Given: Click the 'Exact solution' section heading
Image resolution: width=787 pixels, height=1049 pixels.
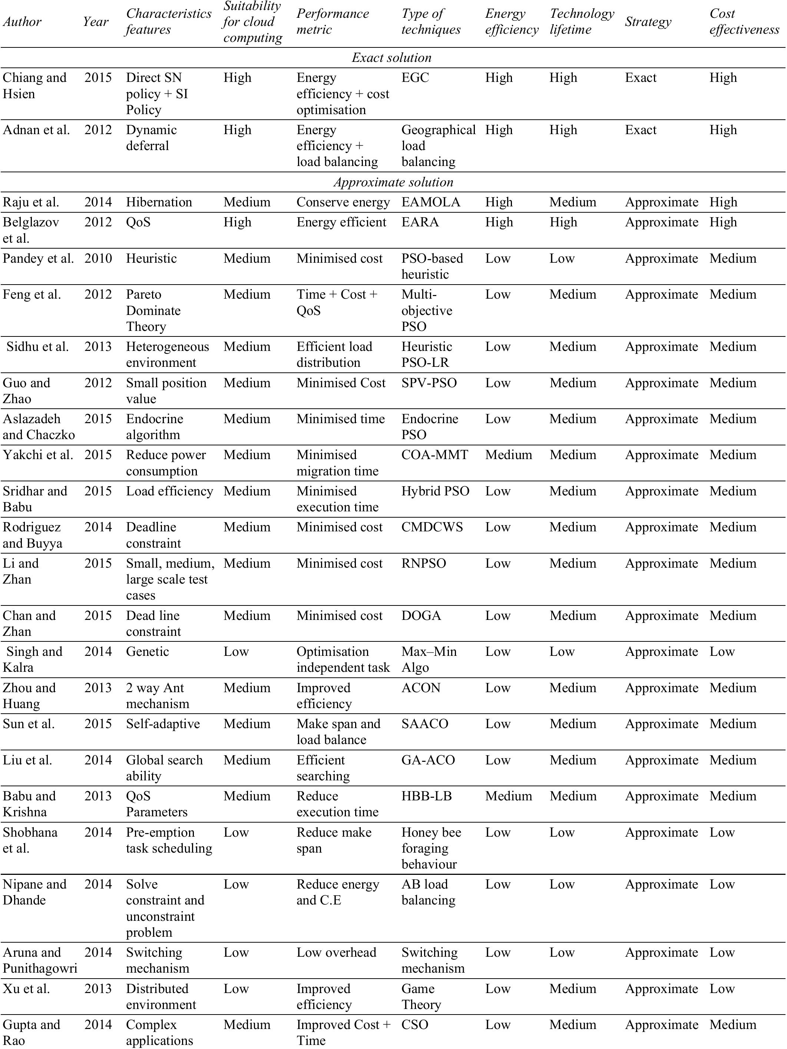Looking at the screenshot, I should point(392,58).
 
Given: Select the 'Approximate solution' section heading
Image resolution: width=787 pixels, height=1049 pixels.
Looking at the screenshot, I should point(393,182).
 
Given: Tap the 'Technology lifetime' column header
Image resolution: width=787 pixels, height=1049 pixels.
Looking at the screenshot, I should point(582,21).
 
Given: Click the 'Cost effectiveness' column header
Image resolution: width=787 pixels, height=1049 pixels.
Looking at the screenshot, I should point(744,21).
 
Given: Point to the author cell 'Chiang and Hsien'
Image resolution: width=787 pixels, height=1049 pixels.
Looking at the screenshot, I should point(34,85).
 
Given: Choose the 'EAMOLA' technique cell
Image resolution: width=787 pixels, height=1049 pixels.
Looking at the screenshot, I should point(431,202).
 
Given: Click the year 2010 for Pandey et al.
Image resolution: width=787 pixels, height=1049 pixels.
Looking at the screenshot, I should point(98,259).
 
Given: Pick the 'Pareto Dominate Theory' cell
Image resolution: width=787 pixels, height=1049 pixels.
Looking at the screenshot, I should point(153,311).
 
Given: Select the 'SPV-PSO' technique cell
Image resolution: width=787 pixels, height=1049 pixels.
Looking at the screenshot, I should point(429,383).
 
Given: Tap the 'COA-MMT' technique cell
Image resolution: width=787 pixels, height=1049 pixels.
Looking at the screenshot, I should point(434,455).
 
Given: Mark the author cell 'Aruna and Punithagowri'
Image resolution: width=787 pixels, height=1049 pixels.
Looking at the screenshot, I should point(40,960).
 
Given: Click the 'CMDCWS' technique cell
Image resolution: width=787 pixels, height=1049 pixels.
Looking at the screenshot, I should point(432,527).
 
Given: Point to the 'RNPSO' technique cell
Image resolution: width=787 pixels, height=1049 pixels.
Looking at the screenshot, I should point(424,563).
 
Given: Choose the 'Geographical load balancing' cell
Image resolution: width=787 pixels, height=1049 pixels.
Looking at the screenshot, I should point(438,146).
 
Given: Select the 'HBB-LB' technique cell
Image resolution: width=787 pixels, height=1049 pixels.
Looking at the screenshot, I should point(426,796).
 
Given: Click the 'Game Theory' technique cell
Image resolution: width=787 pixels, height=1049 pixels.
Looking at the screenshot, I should point(421,996).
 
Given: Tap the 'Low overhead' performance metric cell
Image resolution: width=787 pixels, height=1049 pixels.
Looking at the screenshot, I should point(336,952).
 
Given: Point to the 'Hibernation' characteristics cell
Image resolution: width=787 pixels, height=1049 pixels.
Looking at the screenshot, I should point(159,202).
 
